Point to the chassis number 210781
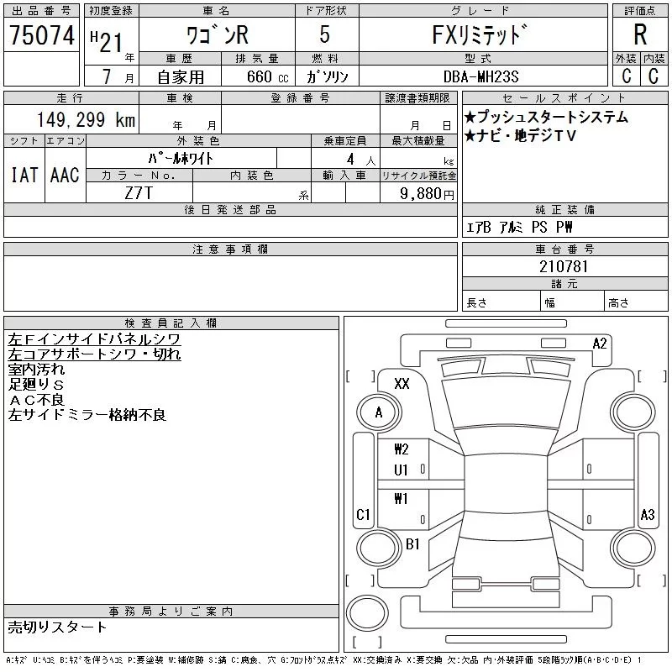[564, 266]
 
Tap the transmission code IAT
[24, 175]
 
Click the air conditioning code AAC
[65, 175]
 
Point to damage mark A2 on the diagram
[600, 343]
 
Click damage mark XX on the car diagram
[402, 384]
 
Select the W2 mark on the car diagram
[402, 449]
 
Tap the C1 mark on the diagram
[364, 514]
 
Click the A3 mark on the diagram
[647, 514]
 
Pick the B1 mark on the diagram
[412, 544]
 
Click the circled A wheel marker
[379, 412]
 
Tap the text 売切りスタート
[57, 627]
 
